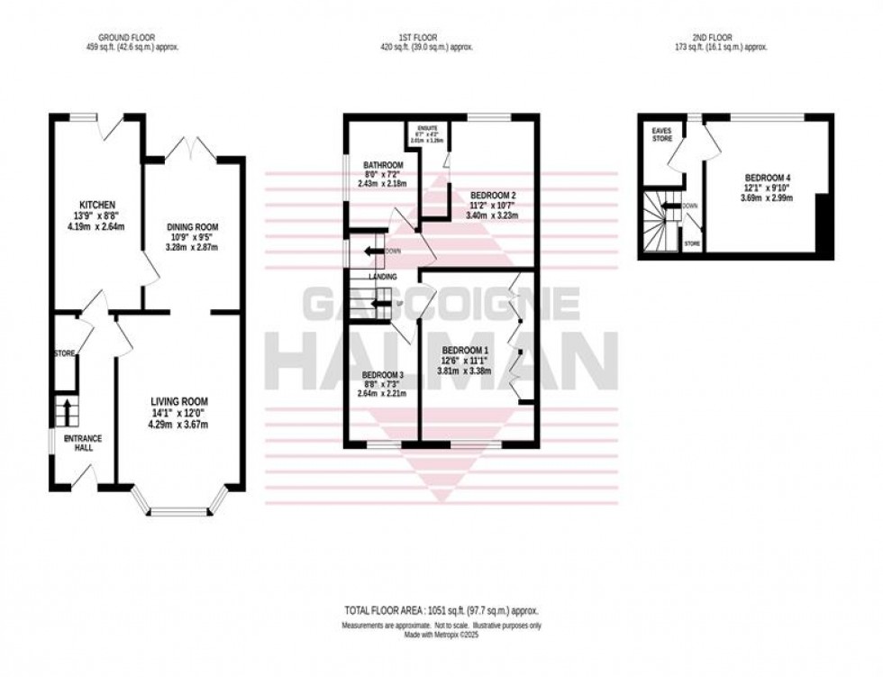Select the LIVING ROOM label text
click(x=180, y=401)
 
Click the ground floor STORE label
click(x=63, y=352)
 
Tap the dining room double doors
click(x=195, y=148)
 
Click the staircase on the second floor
click(x=659, y=221)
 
